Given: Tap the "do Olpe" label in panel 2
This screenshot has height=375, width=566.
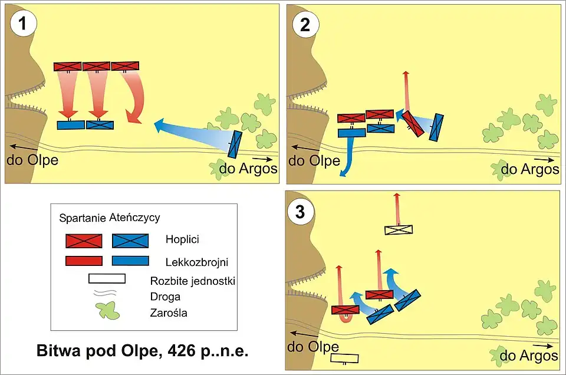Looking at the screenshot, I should coord(314,160).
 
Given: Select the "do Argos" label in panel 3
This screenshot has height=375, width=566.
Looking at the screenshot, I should coord(528,356).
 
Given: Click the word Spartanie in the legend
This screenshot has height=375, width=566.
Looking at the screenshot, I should coord(83,218).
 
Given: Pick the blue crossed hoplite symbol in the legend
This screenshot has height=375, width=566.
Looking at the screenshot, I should coord(130,241).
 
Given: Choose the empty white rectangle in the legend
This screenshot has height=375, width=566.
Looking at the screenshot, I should coord(107,278).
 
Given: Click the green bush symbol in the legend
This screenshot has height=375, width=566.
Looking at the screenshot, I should coord(107,310).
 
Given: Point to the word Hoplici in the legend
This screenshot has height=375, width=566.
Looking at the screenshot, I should coord(182,241).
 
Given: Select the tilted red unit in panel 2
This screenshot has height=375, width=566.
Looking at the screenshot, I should coord(413,124).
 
